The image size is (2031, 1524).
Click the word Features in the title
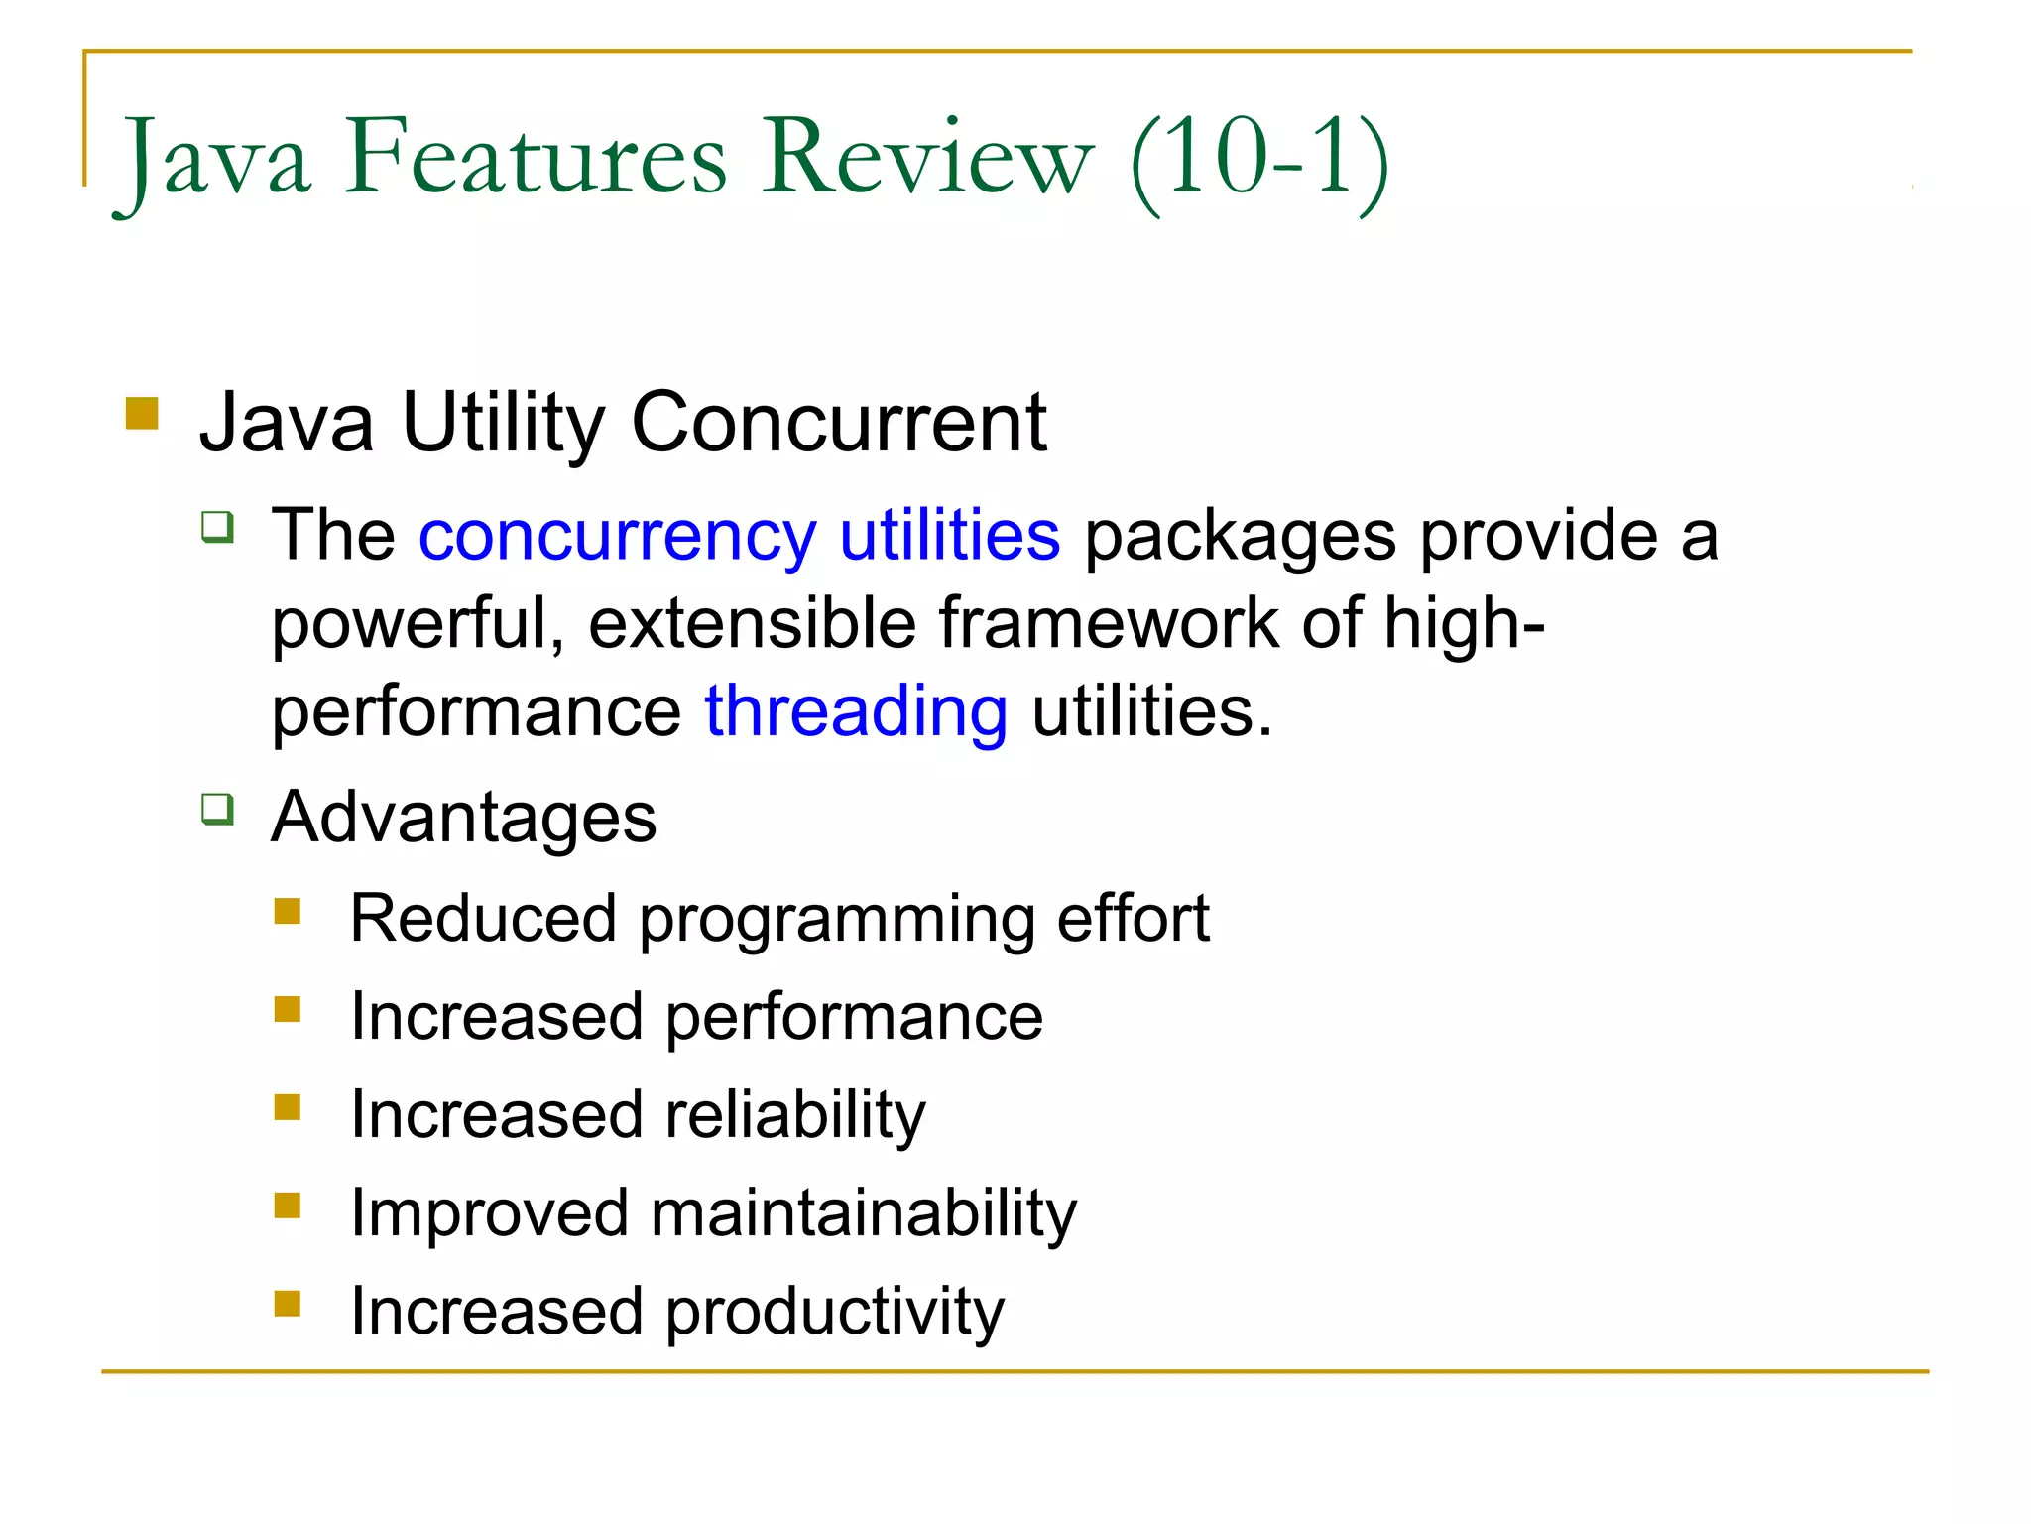click(536, 159)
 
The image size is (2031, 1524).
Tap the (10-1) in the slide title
click(1259, 159)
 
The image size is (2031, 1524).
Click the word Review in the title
click(927, 159)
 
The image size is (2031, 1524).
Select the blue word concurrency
click(617, 537)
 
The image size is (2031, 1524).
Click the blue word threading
click(856, 712)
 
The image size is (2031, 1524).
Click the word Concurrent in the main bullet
click(839, 423)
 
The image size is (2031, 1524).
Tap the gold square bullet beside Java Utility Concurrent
click(143, 413)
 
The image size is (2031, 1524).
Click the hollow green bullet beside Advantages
click(217, 809)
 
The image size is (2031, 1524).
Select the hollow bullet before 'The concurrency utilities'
click(217, 526)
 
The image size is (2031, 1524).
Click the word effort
click(1133, 918)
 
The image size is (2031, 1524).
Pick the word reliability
click(795, 1115)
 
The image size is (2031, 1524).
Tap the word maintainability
click(863, 1213)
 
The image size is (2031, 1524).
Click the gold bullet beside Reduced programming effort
click(288, 911)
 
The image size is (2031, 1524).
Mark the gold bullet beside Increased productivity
click(288, 1303)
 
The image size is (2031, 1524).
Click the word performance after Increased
click(854, 1018)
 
